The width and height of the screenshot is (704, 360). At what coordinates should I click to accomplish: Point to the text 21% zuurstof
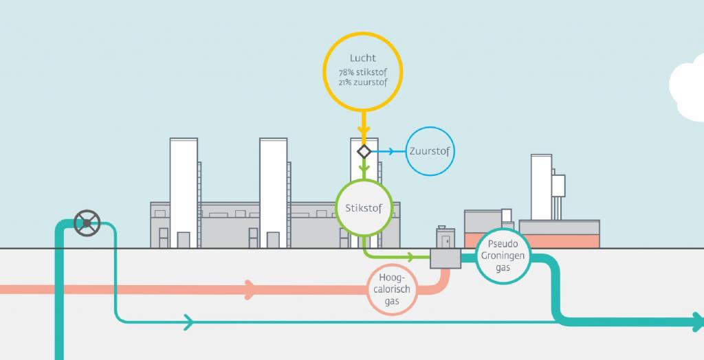pyautogui.click(x=363, y=82)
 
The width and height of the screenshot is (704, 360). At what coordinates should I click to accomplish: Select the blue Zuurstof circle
pyautogui.click(x=431, y=151)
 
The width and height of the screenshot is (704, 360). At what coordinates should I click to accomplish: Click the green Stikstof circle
pyautogui.click(x=363, y=205)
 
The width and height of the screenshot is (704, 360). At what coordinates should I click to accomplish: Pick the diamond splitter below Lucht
pyautogui.click(x=364, y=151)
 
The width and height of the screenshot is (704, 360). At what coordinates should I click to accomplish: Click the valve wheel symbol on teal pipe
pyautogui.click(x=87, y=223)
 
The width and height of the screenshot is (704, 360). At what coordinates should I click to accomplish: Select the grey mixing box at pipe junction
pyautogui.click(x=445, y=258)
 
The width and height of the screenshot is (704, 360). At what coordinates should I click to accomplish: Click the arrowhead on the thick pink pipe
pyautogui.click(x=250, y=289)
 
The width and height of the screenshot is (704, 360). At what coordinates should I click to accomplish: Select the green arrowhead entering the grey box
pyautogui.click(x=411, y=258)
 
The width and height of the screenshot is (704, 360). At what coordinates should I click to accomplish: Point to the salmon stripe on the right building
pyautogui.click(x=559, y=241)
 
